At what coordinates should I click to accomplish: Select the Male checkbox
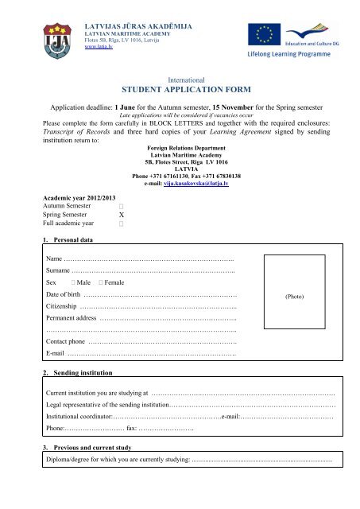[73, 282]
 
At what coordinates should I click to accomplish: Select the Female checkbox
[103, 282]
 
